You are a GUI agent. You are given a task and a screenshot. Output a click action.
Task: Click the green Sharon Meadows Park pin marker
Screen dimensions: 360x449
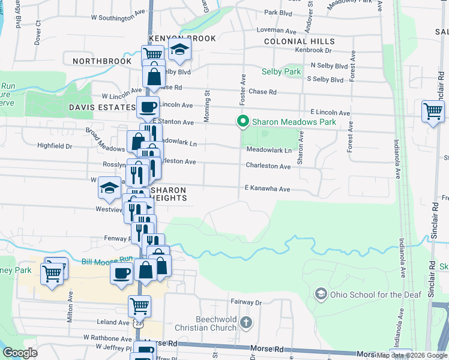[x=243, y=122]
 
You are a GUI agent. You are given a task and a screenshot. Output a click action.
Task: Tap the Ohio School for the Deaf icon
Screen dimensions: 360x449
[x=321, y=293]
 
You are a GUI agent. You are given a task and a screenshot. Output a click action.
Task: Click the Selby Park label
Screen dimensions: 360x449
[x=281, y=72]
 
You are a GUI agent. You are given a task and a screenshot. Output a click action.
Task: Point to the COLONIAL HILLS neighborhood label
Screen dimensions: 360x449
[x=300, y=41]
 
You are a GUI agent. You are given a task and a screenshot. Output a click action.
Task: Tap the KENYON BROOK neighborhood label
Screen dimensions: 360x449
[x=173, y=38]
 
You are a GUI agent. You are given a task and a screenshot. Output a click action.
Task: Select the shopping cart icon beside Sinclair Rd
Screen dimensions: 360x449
[x=433, y=112]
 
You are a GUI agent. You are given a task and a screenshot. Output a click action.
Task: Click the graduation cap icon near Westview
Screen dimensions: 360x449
[x=109, y=188]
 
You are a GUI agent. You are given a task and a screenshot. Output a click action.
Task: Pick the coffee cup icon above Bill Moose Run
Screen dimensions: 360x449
[x=122, y=273]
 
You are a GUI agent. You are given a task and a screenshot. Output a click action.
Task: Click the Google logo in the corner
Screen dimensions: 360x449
[x=20, y=353]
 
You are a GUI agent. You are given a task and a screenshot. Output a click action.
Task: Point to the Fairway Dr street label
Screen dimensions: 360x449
[x=246, y=302]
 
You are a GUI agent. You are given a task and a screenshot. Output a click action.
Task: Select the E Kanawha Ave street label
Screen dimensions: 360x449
[x=267, y=189]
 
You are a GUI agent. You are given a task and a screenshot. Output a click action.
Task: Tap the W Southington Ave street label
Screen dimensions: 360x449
[x=118, y=18]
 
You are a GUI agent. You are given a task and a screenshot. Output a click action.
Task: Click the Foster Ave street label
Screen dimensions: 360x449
[x=243, y=88]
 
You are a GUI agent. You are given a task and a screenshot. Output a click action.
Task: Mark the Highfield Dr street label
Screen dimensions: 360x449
[x=55, y=146]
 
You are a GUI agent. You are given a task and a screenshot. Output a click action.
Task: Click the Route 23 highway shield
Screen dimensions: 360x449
[x=139, y=323]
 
